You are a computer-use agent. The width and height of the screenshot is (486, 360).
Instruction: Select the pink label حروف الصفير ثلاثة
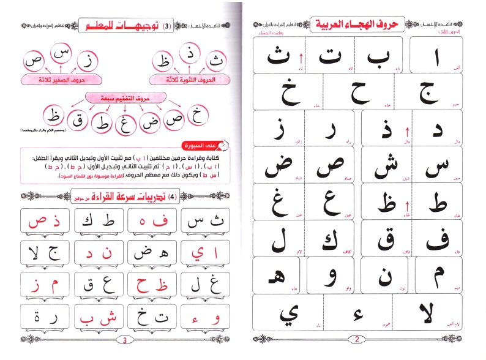(x=61, y=80)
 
